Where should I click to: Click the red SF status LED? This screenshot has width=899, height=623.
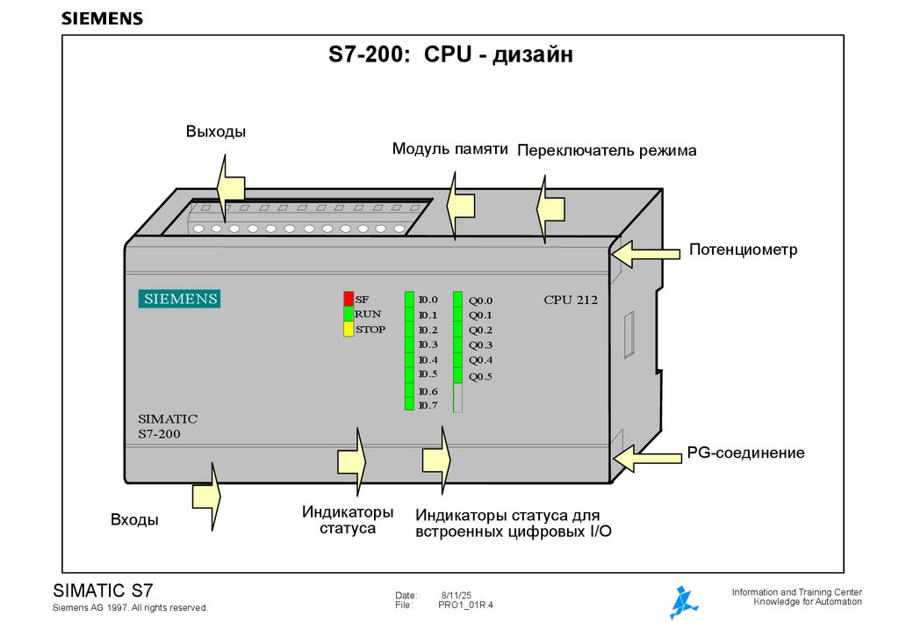[349, 299]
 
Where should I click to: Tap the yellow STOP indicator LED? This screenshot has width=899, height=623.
[349, 330]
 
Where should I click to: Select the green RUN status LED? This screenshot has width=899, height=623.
[349, 314]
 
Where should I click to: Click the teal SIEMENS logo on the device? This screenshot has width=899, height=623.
[178, 299]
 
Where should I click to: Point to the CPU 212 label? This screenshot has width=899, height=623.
[571, 300]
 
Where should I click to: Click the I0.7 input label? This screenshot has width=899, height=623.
[428, 405]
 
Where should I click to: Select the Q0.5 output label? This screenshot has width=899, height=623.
[480, 377]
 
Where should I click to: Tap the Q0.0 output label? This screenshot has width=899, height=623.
[480, 300]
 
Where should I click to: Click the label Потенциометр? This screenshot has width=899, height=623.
[743, 250]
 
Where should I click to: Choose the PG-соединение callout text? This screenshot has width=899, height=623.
[745, 453]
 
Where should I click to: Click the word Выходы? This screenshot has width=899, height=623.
[215, 133]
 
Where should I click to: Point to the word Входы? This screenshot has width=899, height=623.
[134, 520]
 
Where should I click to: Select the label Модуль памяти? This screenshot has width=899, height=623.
[450, 149]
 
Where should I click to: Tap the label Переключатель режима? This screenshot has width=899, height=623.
[607, 151]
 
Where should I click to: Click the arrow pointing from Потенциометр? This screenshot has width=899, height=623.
[645, 254]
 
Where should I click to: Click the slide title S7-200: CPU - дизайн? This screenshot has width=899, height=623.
[451, 56]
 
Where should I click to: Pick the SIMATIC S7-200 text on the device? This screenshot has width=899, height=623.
[168, 426]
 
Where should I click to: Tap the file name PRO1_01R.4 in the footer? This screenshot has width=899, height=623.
[465, 605]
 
